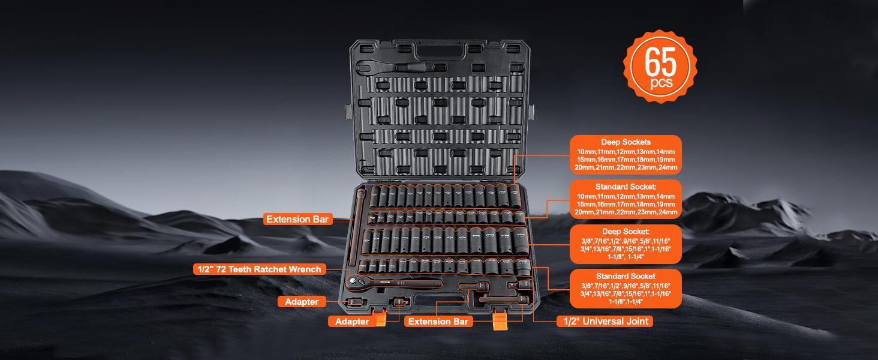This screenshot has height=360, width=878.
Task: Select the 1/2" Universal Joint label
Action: pyautogui.click(x=605, y=322)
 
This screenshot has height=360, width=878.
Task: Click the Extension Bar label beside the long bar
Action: pyautogui.click(x=297, y=220)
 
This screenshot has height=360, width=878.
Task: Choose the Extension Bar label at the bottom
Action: pyautogui.click(x=437, y=322)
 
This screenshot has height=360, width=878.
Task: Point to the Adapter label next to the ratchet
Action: pyautogui.click(x=301, y=302)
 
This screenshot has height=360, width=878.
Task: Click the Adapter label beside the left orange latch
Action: pyautogui.click(x=351, y=322)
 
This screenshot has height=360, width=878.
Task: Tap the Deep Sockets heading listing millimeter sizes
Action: pyautogui.click(x=626, y=142)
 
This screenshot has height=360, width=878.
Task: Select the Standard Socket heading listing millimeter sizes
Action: pyautogui.click(x=626, y=187)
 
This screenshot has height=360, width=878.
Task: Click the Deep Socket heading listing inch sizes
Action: pyautogui.click(x=626, y=231)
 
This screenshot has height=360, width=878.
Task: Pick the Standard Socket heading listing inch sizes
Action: pyautogui.click(x=626, y=276)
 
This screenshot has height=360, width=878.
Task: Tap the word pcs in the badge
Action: pyautogui.click(x=661, y=82)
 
